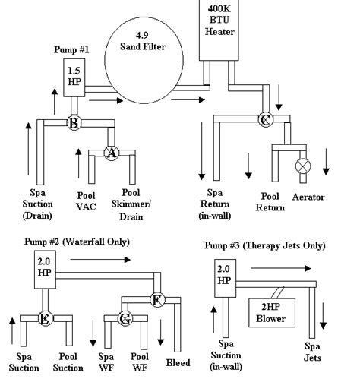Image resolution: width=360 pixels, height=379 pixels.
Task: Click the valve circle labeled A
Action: coord(112,153)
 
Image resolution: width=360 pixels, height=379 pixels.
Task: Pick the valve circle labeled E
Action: coord(44,319)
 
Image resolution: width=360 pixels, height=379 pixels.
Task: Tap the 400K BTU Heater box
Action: coord(226,30)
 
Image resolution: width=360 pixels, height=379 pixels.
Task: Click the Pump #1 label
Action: coord(73,49)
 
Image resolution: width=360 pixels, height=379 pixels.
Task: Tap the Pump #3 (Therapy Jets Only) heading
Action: coord(265,246)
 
